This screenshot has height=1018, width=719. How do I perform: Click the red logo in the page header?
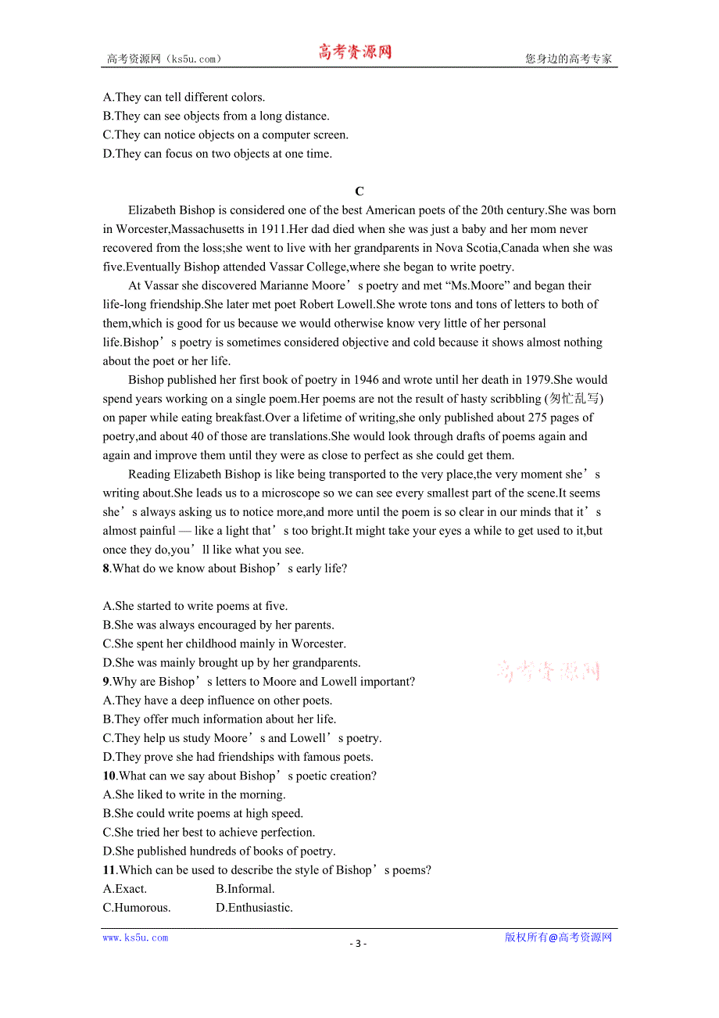pyautogui.click(x=355, y=52)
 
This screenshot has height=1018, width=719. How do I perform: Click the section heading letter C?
pyautogui.click(x=359, y=192)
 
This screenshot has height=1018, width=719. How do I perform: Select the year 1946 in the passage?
pyautogui.click(x=367, y=380)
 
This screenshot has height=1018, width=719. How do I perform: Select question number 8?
pyautogui.click(x=106, y=568)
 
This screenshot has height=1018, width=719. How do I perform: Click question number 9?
pyautogui.click(x=106, y=682)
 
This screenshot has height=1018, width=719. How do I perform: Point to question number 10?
pyautogui.click(x=109, y=776)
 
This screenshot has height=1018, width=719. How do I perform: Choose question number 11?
pyautogui.click(x=109, y=870)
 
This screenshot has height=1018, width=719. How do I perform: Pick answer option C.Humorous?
pyautogui.click(x=137, y=908)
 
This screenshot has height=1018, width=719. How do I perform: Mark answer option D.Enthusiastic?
pyautogui.click(x=254, y=908)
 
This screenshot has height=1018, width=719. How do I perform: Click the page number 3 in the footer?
pyautogui.click(x=358, y=944)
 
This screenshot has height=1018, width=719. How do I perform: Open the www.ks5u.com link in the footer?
pyautogui.click(x=135, y=937)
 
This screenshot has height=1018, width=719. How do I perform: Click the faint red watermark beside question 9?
pyautogui.click(x=549, y=671)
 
